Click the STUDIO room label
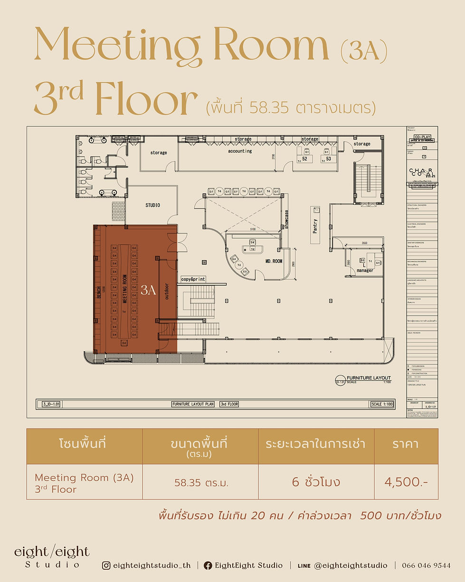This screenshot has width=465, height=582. (152, 205)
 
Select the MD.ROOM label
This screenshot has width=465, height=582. (274, 261)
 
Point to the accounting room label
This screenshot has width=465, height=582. (240, 151)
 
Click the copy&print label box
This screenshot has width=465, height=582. (193, 279)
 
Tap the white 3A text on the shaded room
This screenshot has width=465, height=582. (148, 291)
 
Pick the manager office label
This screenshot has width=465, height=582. (365, 270)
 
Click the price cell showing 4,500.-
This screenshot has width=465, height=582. (406, 482)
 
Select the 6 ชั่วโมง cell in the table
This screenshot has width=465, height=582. (316, 482)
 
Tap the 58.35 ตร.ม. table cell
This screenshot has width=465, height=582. (201, 483)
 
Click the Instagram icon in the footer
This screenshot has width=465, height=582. (106, 565)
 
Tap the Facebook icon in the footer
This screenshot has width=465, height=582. (208, 565)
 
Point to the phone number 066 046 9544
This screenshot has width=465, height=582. (426, 565)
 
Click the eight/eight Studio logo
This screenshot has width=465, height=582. (52, 557)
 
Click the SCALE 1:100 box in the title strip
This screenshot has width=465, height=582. (381, 404)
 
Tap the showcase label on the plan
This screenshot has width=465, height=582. (287, 219)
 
